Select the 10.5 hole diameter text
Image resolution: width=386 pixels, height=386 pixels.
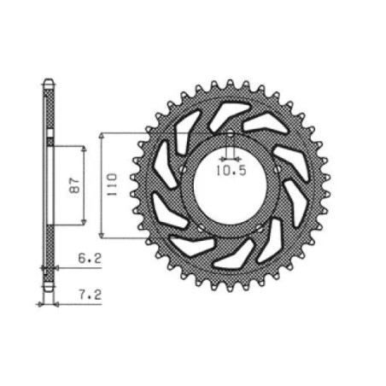pos(231,171)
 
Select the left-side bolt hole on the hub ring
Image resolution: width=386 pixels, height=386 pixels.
pos(182,169)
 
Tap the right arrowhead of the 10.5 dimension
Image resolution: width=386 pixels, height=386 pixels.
pos(237,159)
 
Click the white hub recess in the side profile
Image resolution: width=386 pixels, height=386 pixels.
pos(50,184)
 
